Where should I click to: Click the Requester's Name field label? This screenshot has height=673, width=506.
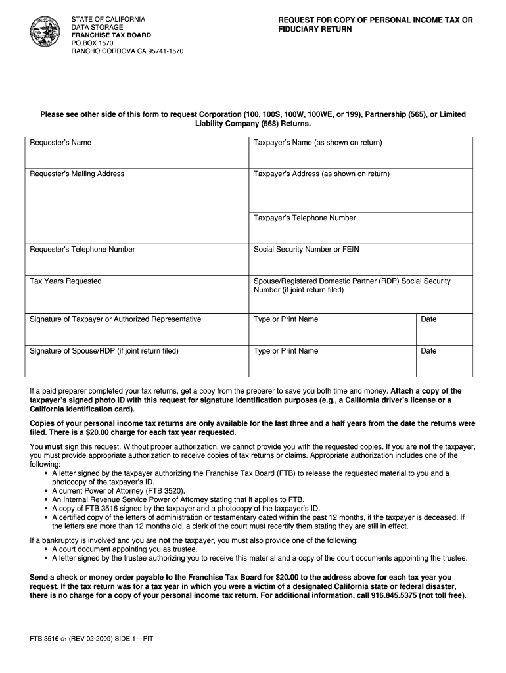click(60, 143)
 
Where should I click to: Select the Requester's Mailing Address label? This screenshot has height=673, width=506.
click(77, 174)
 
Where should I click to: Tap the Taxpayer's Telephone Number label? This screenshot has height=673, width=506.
click(305, 218)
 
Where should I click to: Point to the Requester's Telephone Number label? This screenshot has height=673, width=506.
click(82, 250)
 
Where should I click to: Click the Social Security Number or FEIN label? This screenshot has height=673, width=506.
click(306, 250)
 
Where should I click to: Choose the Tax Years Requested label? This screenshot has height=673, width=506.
click(66, 281)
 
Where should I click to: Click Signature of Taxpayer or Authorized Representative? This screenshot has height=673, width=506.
click(116, 319)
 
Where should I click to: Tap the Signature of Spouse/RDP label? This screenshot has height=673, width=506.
click(104, 351)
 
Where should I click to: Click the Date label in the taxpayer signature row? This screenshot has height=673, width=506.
click(428, 319)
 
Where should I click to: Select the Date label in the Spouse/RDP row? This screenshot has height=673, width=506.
click(428, 351)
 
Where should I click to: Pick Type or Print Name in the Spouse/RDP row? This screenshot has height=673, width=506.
click(286, 351)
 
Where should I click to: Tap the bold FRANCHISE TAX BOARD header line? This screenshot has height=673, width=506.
click(111, 35)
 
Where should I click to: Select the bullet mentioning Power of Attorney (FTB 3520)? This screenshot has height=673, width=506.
click(118, 490)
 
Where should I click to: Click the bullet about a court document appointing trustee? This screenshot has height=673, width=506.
click(124, 549)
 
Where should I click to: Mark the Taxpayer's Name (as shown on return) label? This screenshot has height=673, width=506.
click(318, 143)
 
